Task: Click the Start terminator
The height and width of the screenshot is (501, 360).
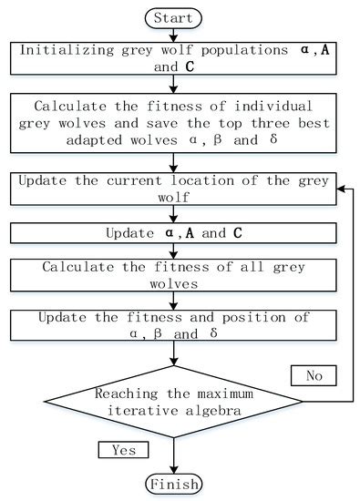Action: (172, 16)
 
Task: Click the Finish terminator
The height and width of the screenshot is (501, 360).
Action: (172, 482)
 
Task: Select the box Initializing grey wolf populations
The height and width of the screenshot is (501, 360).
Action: (172, 57)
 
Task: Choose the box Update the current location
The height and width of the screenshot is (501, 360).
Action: (172, 189)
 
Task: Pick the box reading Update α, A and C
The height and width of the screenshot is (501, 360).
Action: (172, 232)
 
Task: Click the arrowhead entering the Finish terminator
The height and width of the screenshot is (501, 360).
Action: (172, 467)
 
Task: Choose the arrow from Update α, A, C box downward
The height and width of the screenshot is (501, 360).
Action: (172, 250)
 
